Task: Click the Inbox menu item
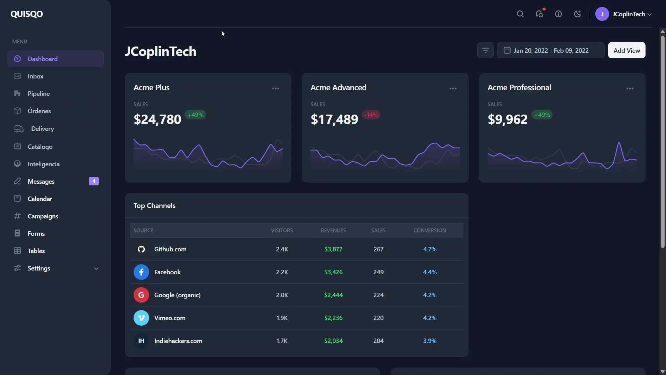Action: tap(35, 76)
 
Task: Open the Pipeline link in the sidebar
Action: tap(39, 94)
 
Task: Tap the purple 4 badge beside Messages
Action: tap(94, 181)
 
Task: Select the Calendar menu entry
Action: tap(40, 199)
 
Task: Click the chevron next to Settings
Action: tap(96, 269)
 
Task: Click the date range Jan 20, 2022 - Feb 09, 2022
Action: tap(550, 51)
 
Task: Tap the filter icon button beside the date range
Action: tap(485, 51)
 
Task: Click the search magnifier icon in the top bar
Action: tap(520, 14)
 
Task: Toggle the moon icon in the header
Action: tap(577, 14)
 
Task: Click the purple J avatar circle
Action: tap(602, 14)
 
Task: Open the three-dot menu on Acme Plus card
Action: tap(276, 89)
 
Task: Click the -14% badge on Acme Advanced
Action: tap(371, 115)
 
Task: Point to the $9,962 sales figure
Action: tap(507, 119)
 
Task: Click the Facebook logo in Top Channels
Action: tap(141, 272)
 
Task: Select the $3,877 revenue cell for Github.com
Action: tap(333, 249)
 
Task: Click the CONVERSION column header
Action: tap(429, 231)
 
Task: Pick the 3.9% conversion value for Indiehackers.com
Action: tap(429, 341)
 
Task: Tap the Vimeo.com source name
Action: tap(170, 318)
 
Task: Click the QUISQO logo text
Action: tap(27, 14)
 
